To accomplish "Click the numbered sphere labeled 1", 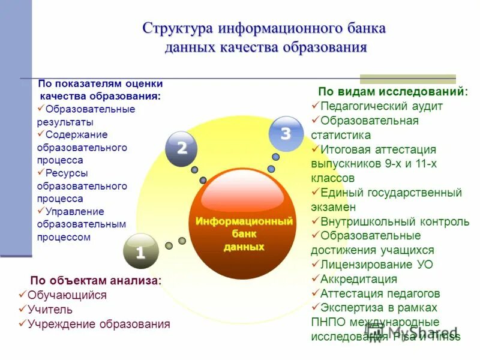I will [140, 252].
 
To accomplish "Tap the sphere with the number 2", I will [182, 148].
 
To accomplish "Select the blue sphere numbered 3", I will [286, 134].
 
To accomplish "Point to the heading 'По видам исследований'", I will [392, 92].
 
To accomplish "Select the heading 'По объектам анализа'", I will [96, 281].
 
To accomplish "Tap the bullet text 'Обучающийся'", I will [67, 295].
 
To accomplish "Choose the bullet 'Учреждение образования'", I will [99, 324].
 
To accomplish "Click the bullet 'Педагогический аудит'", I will [382, 106].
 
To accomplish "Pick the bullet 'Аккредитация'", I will [359, 279].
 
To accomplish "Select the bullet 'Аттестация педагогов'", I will [380, 293].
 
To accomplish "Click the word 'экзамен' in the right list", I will [334, 207].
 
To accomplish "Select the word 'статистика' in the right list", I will [341, 135].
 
